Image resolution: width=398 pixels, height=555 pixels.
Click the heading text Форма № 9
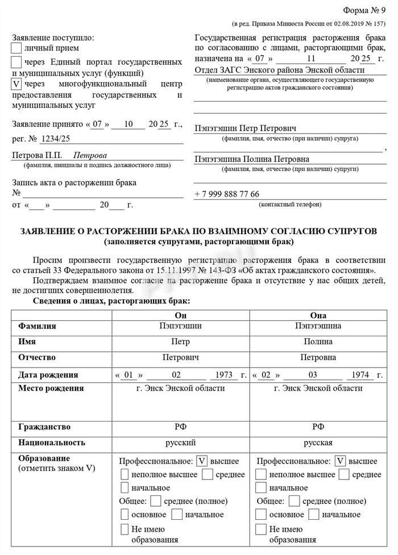tap(364, 11)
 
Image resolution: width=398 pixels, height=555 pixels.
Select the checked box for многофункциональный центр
tap(17, 84)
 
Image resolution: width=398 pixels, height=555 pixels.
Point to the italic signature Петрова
tap(90, 155)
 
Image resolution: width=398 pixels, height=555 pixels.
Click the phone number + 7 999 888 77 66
tap(227, 194)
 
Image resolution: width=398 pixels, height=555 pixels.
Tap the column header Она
tap(318, 316)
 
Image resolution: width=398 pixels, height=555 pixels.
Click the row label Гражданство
tap(44, 427)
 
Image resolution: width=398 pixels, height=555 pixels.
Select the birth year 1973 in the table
tap(221, 375)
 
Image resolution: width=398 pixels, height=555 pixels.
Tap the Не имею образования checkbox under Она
tap(261, 529)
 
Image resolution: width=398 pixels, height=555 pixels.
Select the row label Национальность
tap(52, 442)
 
